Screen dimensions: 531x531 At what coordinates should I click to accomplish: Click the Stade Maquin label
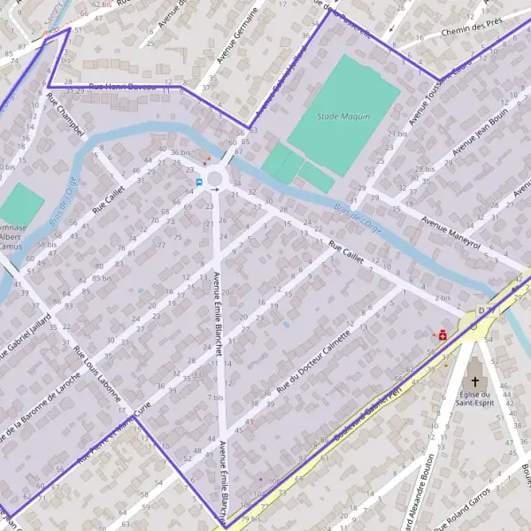tap(343, 116)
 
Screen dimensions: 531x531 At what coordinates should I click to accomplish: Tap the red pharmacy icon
tap(441, 335)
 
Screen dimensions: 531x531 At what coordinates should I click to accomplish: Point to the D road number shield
tap(481, 311)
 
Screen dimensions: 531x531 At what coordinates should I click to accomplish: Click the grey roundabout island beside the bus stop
tap(215, 180)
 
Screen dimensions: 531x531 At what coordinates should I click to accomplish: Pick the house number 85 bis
tap(100, 278)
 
